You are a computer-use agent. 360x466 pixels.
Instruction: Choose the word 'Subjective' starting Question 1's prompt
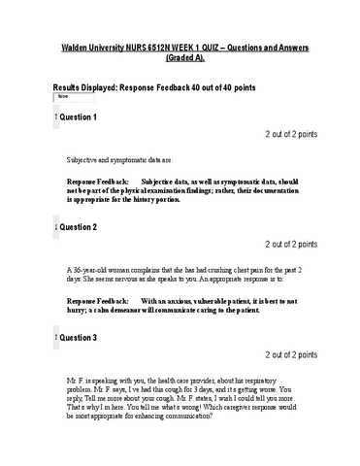coord(84,157)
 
